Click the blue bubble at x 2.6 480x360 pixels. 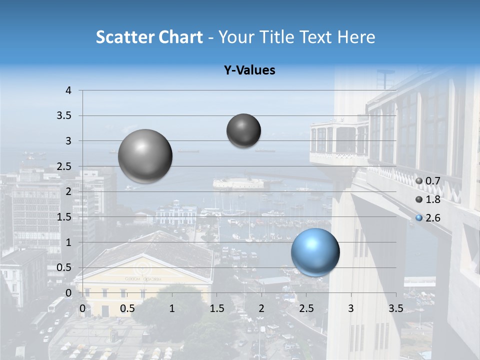(315, 252)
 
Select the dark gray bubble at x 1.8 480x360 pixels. (243, 130)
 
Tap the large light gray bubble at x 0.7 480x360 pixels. (145, 156)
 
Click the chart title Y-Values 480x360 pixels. (249, 70)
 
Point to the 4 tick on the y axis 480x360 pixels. (68, 90)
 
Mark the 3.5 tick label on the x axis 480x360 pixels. (395, 308)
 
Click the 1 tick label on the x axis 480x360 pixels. (172, 308)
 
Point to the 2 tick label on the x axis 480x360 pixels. (261, 308)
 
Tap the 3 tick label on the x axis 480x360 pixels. (350, 308)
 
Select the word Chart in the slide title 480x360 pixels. (180, 37)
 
